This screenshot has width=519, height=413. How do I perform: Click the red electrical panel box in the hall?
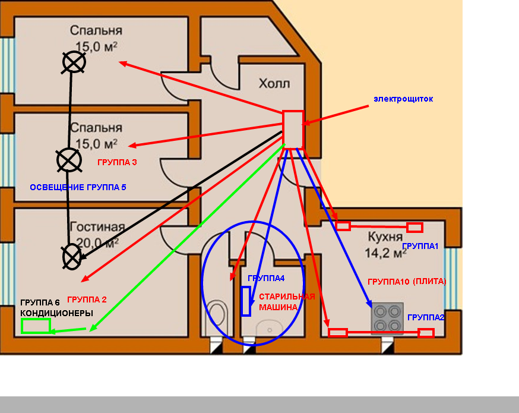(x=293, y=130)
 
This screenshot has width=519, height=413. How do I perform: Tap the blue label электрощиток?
(x=403, y=99)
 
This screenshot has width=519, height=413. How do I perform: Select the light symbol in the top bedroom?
(x=74, y=62)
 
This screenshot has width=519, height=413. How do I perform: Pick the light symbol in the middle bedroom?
(x=69, y=160)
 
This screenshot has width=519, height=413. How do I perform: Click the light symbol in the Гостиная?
(x=72, y=257)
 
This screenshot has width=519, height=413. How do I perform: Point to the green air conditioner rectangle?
(x=36, y=326)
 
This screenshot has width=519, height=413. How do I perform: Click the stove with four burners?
(x=388, y=318)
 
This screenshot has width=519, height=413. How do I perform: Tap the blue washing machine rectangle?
(x=246, y=301)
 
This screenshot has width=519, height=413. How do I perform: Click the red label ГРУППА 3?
(x=117, y=162)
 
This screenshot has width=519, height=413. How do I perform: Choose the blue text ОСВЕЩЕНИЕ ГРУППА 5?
(x=78, y=187)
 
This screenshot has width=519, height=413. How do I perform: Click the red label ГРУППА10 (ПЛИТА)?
(x=407, y=282)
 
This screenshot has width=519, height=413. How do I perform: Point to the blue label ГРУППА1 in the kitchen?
(x=420, y=246)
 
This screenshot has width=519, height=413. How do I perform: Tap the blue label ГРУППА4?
(x=266, y=278)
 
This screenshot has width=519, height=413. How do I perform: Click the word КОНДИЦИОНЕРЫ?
(x=56, y=313)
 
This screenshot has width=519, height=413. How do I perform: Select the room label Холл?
(x=274, y=83)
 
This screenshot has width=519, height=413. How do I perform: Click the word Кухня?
(x=385, y=237)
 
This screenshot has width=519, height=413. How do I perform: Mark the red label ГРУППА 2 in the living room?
(x=87, y=299)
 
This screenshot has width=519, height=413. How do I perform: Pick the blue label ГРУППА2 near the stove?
(x=426, y=317)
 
